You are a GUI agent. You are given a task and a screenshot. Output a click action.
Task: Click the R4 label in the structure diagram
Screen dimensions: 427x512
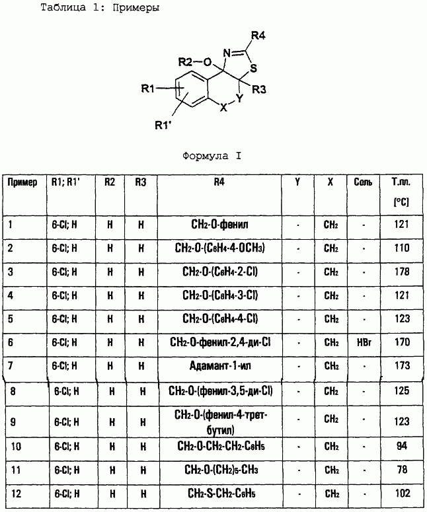[x=258, y=35]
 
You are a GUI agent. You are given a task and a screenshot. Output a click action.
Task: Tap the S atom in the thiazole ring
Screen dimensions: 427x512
[x=254, y=68]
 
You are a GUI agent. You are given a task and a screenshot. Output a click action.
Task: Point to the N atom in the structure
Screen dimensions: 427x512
[x=227, y=54]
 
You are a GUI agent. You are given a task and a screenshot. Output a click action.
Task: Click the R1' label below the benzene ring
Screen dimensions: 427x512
[x=163, y=125]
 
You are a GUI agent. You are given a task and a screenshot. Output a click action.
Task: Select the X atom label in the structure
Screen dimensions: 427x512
[x=223, y=108]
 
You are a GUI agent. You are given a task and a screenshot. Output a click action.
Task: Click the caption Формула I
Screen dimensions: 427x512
[x=212, y=156]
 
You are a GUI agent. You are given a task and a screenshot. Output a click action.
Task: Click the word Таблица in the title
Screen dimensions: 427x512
[x=63, y=8]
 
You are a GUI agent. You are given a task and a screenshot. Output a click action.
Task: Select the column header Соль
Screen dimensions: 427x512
[x=363, y=182]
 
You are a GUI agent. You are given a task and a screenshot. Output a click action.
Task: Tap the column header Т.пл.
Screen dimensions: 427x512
[x=401, y=182]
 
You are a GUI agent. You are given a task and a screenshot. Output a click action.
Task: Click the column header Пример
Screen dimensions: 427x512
[x=22, y=182]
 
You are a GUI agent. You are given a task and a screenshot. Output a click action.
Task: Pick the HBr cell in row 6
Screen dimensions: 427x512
[x=364, y=342]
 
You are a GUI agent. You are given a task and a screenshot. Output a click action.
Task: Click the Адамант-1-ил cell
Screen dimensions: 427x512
[x=220, y=365]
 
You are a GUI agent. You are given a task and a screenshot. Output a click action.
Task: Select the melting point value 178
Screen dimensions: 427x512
[x=401, y=272]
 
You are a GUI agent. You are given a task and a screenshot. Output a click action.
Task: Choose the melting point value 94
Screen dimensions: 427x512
[x=402, y=446]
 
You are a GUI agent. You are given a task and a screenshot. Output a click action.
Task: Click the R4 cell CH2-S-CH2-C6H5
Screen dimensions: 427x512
[x=221, y=493]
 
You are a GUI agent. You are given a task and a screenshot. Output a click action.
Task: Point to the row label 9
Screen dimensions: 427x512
[x=13, y=422]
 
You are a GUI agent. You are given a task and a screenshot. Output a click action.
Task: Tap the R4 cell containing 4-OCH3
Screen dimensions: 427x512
[x=220, y=248]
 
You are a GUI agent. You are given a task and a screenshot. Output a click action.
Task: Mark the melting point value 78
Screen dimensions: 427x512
[x=402, y=470]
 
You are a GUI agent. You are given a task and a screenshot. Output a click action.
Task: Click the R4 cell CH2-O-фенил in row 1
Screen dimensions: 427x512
[x=219, y=225]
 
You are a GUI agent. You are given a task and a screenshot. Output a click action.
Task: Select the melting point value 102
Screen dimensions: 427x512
[x=402, y=493]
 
